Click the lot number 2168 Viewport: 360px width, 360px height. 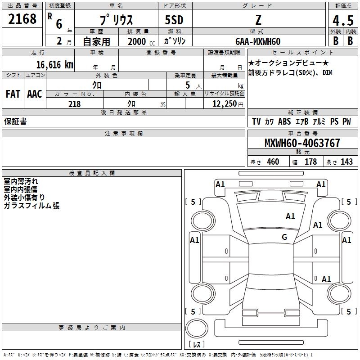point(22,20)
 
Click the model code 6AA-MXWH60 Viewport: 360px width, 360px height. point(258,41)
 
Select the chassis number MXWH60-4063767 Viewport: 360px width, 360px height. point(302,143)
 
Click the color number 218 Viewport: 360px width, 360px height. point(74,104)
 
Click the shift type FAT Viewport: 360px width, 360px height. point(13,94)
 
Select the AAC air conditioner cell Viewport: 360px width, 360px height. point(35,94)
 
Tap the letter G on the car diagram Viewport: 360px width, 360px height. point(284,237)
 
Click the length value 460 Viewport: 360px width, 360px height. point(273,162)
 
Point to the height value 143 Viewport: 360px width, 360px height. point(346,162)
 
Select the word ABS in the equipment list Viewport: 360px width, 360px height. point(284,121)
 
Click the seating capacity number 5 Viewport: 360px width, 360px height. point(186,85)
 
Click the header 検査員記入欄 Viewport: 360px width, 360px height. point(92,173)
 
